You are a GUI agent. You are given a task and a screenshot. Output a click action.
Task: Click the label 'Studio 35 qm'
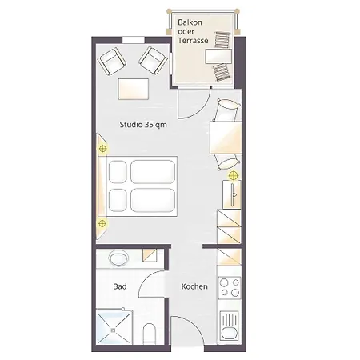click(143, 125)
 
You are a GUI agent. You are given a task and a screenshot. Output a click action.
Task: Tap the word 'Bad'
click(120, 286)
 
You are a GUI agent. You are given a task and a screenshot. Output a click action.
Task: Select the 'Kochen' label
click(194, 286)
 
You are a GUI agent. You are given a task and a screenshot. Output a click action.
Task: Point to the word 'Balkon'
click(190, 22)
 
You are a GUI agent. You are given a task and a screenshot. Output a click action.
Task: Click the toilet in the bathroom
click(149, 334)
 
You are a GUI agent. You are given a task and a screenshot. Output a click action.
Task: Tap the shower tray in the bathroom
click(114, 327)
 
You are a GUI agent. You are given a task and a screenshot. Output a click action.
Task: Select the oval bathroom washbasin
click(118, 258)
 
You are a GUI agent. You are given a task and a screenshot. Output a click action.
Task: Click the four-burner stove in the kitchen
click(230, 287)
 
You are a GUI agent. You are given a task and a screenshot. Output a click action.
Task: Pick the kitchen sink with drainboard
click(230, 327)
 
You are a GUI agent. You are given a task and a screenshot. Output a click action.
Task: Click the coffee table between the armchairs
click(134, 89)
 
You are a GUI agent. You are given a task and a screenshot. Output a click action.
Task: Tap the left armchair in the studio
click(111, 62)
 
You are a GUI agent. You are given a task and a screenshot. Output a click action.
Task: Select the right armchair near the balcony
click(153, 60)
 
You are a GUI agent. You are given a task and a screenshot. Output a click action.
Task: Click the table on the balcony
click(218, 56)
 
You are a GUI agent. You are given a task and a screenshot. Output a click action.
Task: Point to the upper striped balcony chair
click(222, 40)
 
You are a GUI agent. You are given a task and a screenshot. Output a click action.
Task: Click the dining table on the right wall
click(226, 138)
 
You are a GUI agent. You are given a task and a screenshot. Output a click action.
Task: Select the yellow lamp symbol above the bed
click(103, 149)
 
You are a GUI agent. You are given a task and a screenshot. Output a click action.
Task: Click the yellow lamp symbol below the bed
click(102, 223)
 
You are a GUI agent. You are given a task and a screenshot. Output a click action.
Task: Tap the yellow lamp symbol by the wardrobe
click(234, 175)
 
